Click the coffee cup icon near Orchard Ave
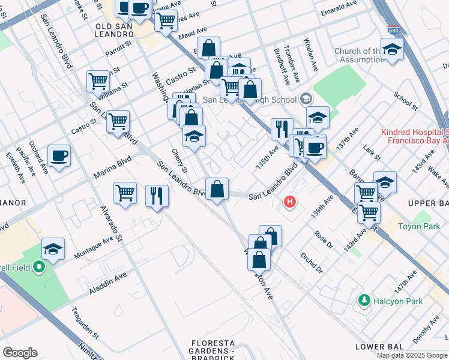pos(59,156)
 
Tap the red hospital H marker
pos(291,202)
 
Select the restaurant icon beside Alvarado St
pos(157,196)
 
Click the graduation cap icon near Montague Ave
pos(53,250)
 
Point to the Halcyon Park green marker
pos(363,299)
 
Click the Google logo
pos(20,353)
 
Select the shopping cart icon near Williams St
pos(98,80)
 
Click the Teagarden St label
pos(84,321)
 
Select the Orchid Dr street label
pos(312,262)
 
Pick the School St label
pos(405,101)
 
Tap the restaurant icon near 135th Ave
pos(280,128)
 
